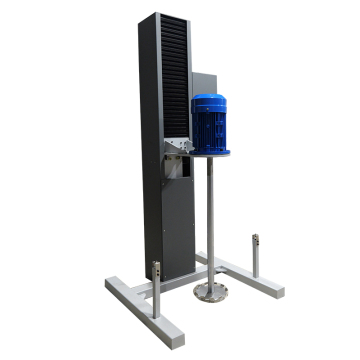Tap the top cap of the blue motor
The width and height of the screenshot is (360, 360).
(x=210, y=99)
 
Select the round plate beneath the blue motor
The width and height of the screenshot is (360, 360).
(x=211, y=153)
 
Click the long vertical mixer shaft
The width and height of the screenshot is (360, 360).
(x=210, y=220)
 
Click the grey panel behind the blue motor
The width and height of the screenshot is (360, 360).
(x=203, y=85)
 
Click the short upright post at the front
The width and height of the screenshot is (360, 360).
(x=156, y=290)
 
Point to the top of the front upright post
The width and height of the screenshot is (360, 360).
(x=156, y=265)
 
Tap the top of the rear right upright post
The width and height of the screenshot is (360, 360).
(x=256, y=237)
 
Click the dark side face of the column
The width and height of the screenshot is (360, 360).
(x=149, y=150)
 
